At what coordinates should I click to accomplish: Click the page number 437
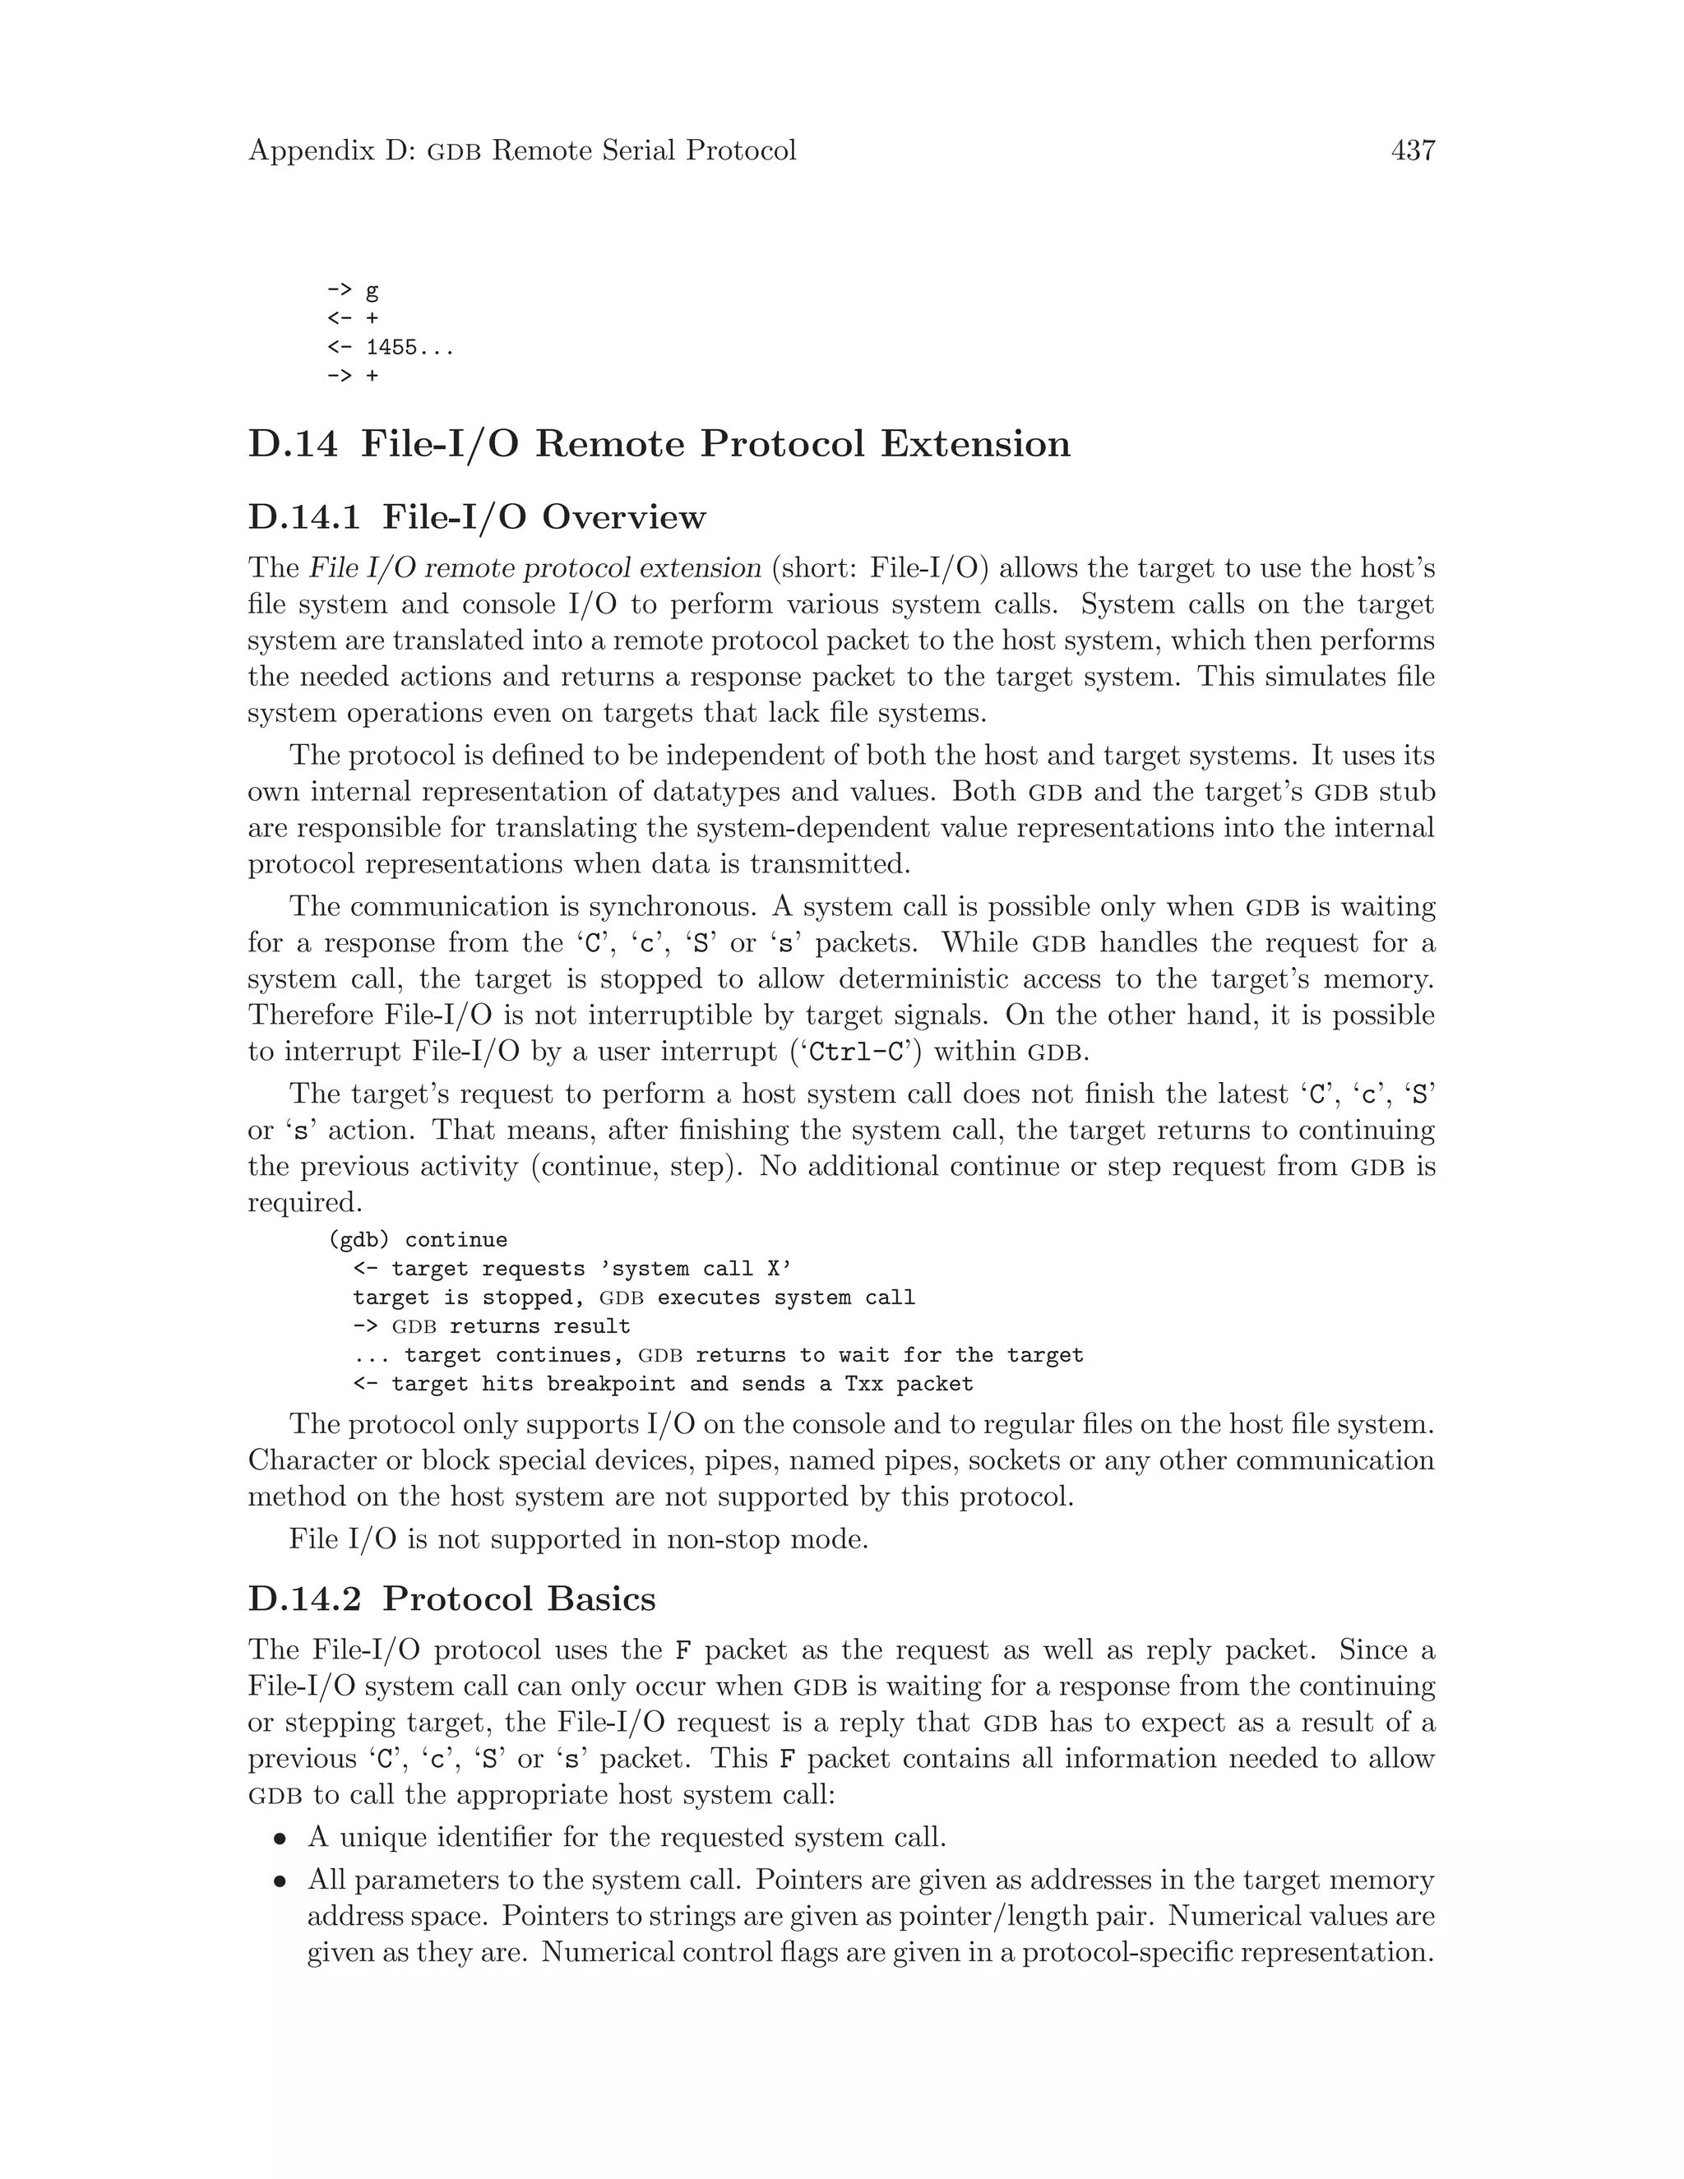click(x=1413, y=150)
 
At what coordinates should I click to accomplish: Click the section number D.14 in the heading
click(x=292, y=444)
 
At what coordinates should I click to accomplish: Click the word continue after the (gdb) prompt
click(x=456, y=1240)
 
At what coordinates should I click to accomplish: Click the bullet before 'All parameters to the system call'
click(x=282, y=1881)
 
